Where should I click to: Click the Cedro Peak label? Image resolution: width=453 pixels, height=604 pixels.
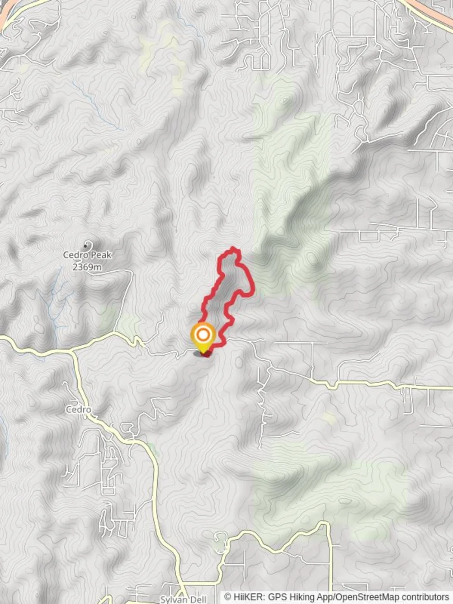pos(87,256)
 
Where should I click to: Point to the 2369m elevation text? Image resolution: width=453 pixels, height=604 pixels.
pos(87,267)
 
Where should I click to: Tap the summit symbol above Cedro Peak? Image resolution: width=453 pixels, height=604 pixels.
pos(87,244)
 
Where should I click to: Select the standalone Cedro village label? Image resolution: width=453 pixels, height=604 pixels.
pos(78,409)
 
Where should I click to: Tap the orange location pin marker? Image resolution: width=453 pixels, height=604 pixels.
pos(203,337)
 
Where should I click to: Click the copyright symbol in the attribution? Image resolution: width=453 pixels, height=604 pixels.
pos(228,597)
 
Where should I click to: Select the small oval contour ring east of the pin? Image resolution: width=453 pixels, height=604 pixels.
pos(239,362)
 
